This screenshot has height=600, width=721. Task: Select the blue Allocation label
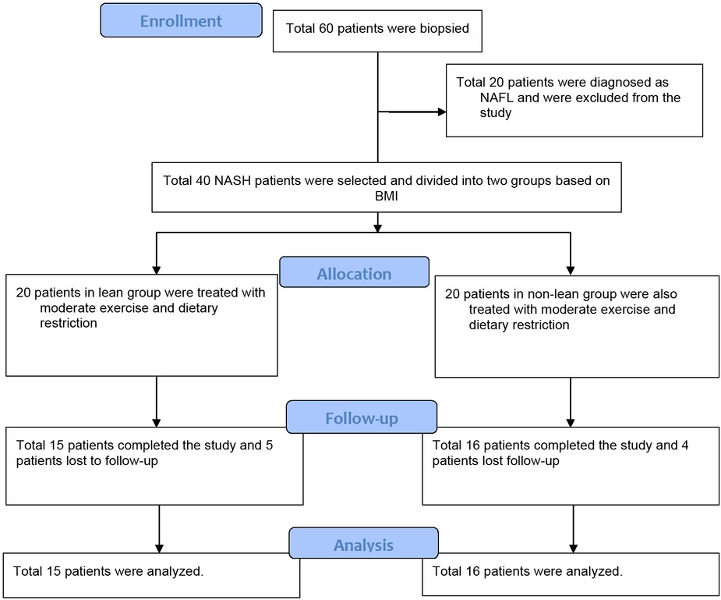pyautogui.click(x=354, y=274)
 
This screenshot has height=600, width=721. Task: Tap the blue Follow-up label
pyautogui.click(x=361, y=418)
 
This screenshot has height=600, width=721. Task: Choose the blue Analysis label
pyautogui.click(x=363, y=545)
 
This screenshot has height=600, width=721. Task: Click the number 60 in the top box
pyautogui.click(x=327, y=29)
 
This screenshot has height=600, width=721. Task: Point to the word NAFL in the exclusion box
pyautogui.click(x=496, y=98)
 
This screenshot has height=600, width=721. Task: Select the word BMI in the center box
pyautogui.click(x=386, y=194)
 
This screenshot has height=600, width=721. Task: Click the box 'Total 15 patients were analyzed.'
pyautogui.click(x=151, y=574)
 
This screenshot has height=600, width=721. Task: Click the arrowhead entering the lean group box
pyautogui.click(x=157, y=269)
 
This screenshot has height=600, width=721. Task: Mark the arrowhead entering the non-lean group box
pyautogui.click(x=571, y=269)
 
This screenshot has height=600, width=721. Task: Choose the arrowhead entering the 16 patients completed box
pyautogui.click(x=571, y=422)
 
